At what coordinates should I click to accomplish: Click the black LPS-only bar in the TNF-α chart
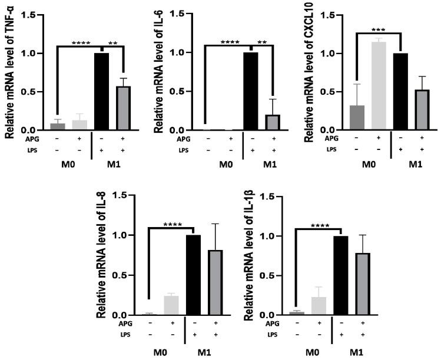click(101, 91)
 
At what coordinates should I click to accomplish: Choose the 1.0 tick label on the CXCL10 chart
click(334, 54)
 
